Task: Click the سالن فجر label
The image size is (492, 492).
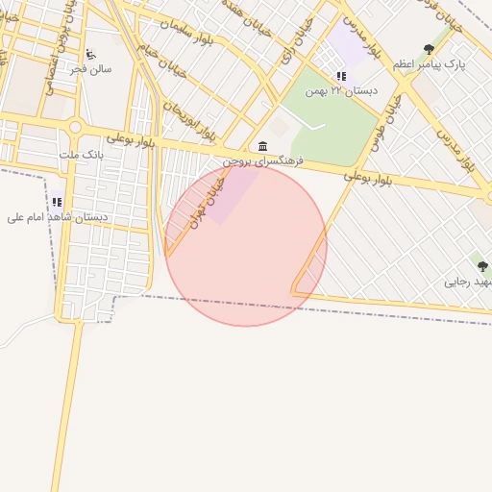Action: [x=96, y=69]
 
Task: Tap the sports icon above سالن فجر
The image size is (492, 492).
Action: [x=90, y=55]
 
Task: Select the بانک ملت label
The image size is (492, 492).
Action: [x=80, y=154]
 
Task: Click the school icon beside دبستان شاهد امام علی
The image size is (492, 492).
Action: [x=57, y=203]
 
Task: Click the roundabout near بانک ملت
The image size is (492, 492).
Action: [x=74, y=127]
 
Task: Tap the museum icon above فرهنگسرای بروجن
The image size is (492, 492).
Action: [x=262, y=146]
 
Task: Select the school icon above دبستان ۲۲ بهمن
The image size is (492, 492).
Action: [x=340, y=76]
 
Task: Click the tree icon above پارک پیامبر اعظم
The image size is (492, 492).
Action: [x=429, y=49]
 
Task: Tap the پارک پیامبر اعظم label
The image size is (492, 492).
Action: [x=429, y=63]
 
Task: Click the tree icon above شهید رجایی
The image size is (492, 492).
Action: [x=482, y=266]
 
